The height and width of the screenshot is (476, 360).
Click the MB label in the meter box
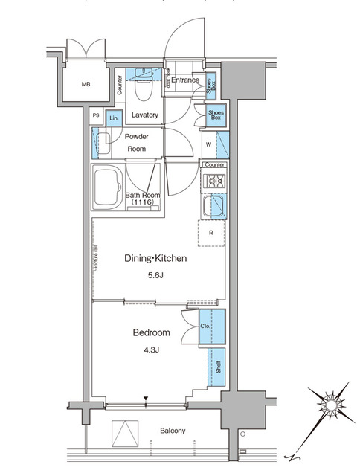click(x=87, y=83)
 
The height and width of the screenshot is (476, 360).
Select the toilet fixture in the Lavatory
click(x=144, y=91)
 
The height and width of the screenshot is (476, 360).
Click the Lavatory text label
click(x=145, y=115)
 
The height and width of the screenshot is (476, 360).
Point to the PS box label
click(x=96, y=116)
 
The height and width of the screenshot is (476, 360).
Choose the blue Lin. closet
click(x=114, y=118)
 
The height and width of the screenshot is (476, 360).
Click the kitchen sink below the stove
click(x=214, y=206)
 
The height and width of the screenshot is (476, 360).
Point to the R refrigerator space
click(x=212, y=233)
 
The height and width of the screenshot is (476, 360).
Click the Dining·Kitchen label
click(x=154, y=259)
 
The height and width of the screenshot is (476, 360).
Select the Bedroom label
click(x=152, y=332)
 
